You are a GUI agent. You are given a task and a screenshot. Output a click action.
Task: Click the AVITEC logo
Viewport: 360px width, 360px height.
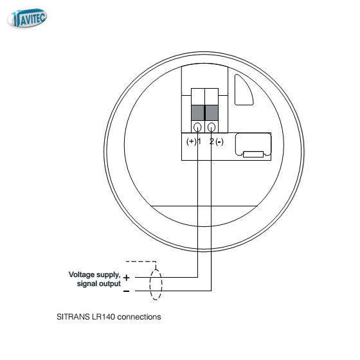[x=27, y=18]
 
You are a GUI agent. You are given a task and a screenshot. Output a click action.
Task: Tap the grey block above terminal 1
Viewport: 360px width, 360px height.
[x=198, y=113]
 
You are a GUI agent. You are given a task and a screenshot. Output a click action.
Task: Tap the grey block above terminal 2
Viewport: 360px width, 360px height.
[x=212, y=113]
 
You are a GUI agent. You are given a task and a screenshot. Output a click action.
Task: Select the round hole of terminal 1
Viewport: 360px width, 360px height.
[x=198, y=127]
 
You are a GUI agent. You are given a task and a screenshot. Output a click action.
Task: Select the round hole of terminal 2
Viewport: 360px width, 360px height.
[x=212, y=127]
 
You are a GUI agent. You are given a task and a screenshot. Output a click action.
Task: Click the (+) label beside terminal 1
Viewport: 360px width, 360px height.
[x=192, y=141]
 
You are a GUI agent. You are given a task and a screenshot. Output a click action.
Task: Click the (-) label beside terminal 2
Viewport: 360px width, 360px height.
[x=219, y=141]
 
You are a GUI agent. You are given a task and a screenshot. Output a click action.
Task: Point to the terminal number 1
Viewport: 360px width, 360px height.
[x=199, y=141]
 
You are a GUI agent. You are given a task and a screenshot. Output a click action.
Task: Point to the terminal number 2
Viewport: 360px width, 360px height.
[x=212, y=141]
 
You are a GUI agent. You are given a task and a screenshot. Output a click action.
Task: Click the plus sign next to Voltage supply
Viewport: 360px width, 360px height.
[x=126, y=278]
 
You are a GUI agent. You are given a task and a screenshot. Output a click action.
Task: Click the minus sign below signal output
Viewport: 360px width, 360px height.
[x=126, y=291]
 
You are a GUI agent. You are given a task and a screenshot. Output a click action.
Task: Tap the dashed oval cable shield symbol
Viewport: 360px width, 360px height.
[x=156, y=285]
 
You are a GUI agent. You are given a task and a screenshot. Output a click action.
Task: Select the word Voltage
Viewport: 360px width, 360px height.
[x=82, y=275]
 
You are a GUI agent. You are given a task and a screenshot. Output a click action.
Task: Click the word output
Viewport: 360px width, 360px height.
[x=110, y=283]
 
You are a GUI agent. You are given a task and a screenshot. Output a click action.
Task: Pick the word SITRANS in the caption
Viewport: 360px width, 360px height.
[x=73, y=317]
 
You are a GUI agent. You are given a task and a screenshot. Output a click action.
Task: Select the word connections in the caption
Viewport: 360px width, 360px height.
[x=139, y=317]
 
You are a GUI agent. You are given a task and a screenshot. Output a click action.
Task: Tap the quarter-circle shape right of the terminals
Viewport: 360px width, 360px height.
[x=244, y=90]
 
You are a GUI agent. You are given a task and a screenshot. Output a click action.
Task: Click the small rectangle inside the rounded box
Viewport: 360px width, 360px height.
[x=253, y=154]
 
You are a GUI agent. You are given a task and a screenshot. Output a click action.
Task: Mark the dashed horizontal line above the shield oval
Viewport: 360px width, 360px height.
[x=141, y=262]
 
